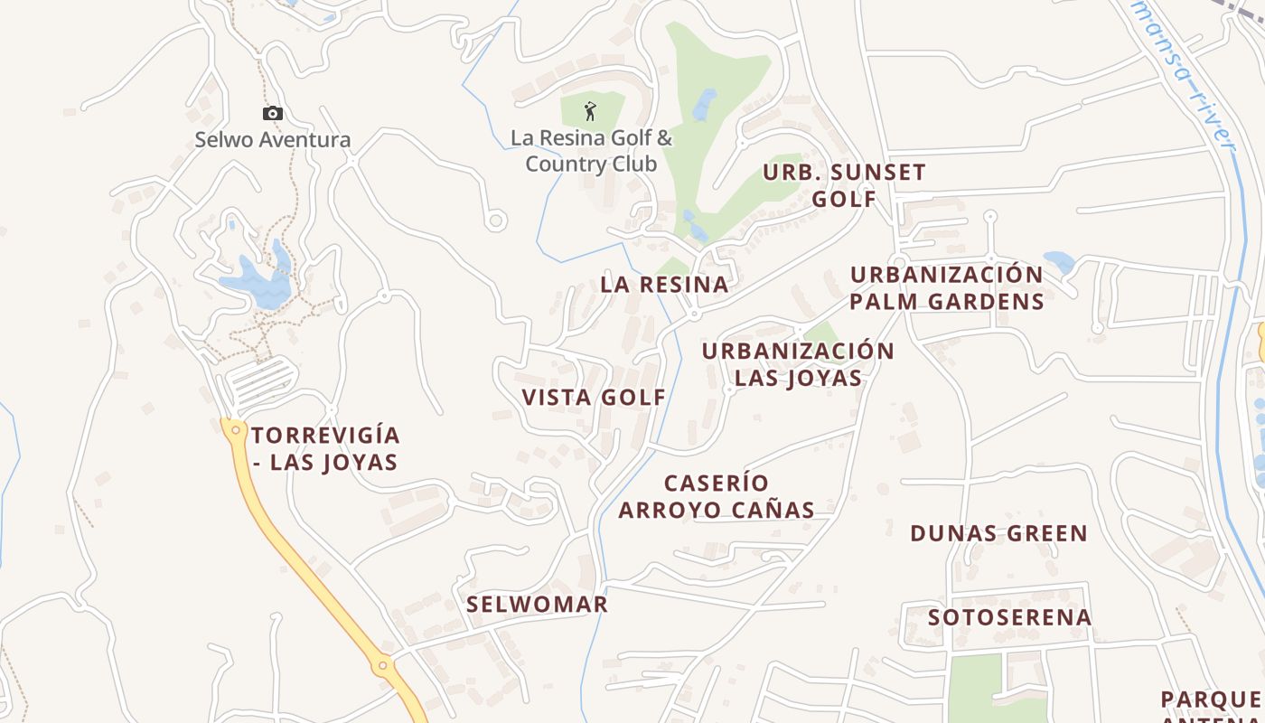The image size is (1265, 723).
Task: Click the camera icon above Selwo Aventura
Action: (x=272, y=114)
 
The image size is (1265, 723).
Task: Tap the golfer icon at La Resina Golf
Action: (x=590, y=111)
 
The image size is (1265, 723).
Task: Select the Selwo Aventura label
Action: (x=273, y=140)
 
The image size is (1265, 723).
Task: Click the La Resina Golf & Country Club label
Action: (x=591, y=151)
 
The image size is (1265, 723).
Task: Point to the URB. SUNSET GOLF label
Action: (x=844, y=185)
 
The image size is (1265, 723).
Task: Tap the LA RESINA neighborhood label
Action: (x=664, y=285)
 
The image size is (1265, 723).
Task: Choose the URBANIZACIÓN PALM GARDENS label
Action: (x=946, y=287)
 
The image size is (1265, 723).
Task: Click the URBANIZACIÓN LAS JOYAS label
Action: (x=798, y=364)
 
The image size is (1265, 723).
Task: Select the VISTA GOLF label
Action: (x=594, y=397)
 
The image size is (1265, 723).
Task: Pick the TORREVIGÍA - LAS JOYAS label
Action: (x=324, y=448)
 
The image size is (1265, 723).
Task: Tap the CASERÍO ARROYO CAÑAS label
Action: (x=717, y=496)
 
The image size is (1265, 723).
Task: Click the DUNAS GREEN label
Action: (x=998, y=533)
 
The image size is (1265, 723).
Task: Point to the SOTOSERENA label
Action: (x=1009, y=617)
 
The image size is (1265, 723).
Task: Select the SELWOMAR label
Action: (x=537, y=605)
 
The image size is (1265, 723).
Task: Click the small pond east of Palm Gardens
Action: (x=1059, y=262)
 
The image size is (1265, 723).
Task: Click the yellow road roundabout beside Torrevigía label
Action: (x=236, y=430)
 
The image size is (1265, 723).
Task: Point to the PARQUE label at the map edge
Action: (x=1211, y=700)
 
